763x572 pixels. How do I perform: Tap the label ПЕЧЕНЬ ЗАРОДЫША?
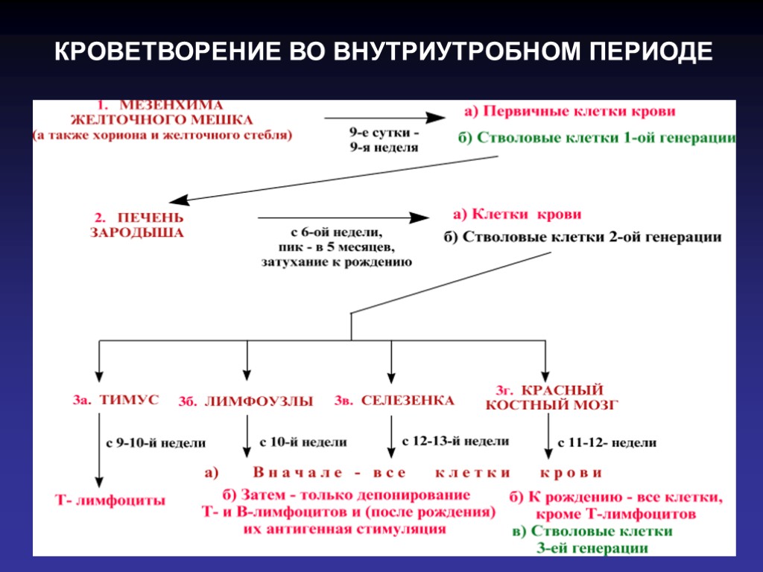[x=139, y=225]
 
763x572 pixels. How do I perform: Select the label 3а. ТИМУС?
[x=115, y=400]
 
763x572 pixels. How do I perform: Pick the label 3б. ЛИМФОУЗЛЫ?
[x=246, y=401]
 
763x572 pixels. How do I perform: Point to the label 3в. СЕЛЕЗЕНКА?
[x=395, y=401]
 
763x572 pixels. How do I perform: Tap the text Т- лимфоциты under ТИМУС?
[x=110, y=500]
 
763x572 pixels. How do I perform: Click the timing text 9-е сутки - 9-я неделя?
[x=384, y=140]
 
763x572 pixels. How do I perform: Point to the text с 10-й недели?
[x=303, y=442]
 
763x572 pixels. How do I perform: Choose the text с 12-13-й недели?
[x=455, y=442]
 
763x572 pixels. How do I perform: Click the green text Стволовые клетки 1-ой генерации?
[x=606, y=139]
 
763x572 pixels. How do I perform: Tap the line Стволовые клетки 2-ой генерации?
[x=592, y=238]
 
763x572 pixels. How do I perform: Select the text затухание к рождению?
[x=337, y=262]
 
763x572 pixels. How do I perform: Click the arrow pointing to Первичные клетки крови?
[x=384, y=118]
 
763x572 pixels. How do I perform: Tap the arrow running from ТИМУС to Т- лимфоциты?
[x=99, y=451]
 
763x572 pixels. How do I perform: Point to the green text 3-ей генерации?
[x=592, y=549]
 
